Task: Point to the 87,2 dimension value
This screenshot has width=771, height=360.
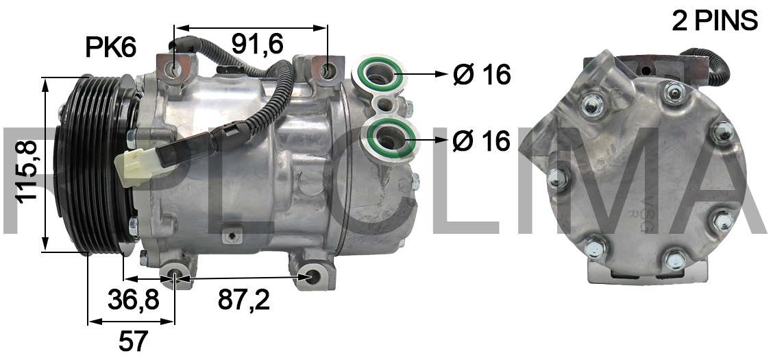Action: point(243,300)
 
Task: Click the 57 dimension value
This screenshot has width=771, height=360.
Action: point(133,339)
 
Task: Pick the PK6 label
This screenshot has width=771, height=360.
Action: point(110,47)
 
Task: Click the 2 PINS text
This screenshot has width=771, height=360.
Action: point(715,21)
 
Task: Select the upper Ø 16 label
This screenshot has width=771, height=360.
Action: point(482,74)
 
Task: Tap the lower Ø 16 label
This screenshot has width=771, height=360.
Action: point(482,141)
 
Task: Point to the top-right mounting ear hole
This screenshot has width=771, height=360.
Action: point(328,70)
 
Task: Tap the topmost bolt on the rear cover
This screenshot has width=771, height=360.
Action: point(674,90)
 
